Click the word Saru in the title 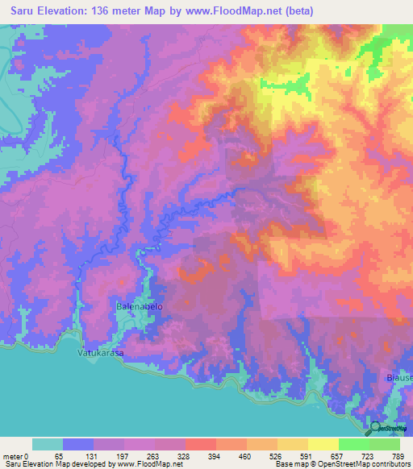click(22, 11)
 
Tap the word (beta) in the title click(294, 11)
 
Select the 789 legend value click(398, 455)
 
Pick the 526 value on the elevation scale click(276, 455)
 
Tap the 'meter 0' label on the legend click(16, 455)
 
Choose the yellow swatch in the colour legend click(322, 444)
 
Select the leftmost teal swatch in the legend click(47, 444)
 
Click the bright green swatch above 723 click(353, 444)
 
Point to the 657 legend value click(337, 455)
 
